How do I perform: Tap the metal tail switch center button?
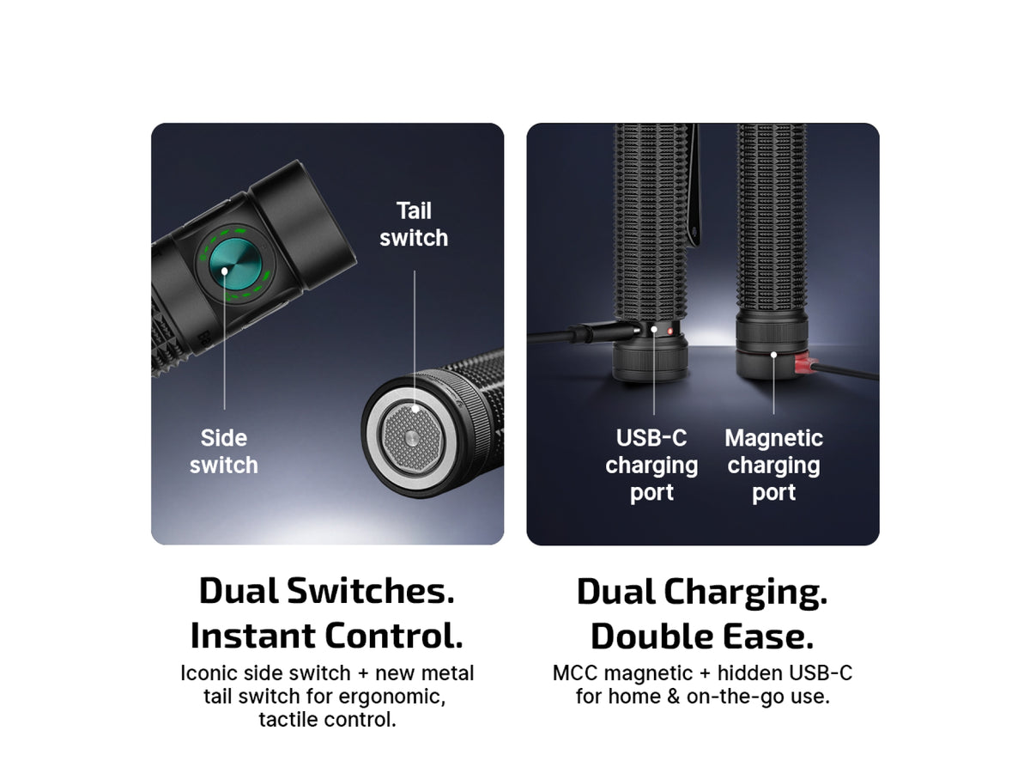(412, 438)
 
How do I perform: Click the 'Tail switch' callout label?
(414, 224)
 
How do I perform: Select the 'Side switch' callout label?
(224, 451)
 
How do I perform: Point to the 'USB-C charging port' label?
(651, 465)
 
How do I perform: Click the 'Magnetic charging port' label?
(773, 465)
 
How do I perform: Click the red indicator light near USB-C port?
(670, 332)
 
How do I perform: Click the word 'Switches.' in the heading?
(370, 590)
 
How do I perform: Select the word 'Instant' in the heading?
(253, 636)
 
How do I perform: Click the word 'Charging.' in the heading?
(745, 593)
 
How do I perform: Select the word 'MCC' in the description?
(575, 673)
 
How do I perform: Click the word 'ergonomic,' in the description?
(391, 697)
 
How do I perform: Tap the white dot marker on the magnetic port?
(773, 355)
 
